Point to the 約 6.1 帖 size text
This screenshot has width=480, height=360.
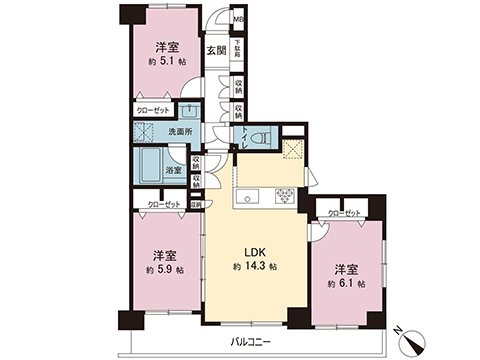point(345,284)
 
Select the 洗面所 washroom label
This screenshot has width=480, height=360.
point(179,130)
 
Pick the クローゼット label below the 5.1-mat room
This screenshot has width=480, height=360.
point(151,112)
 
